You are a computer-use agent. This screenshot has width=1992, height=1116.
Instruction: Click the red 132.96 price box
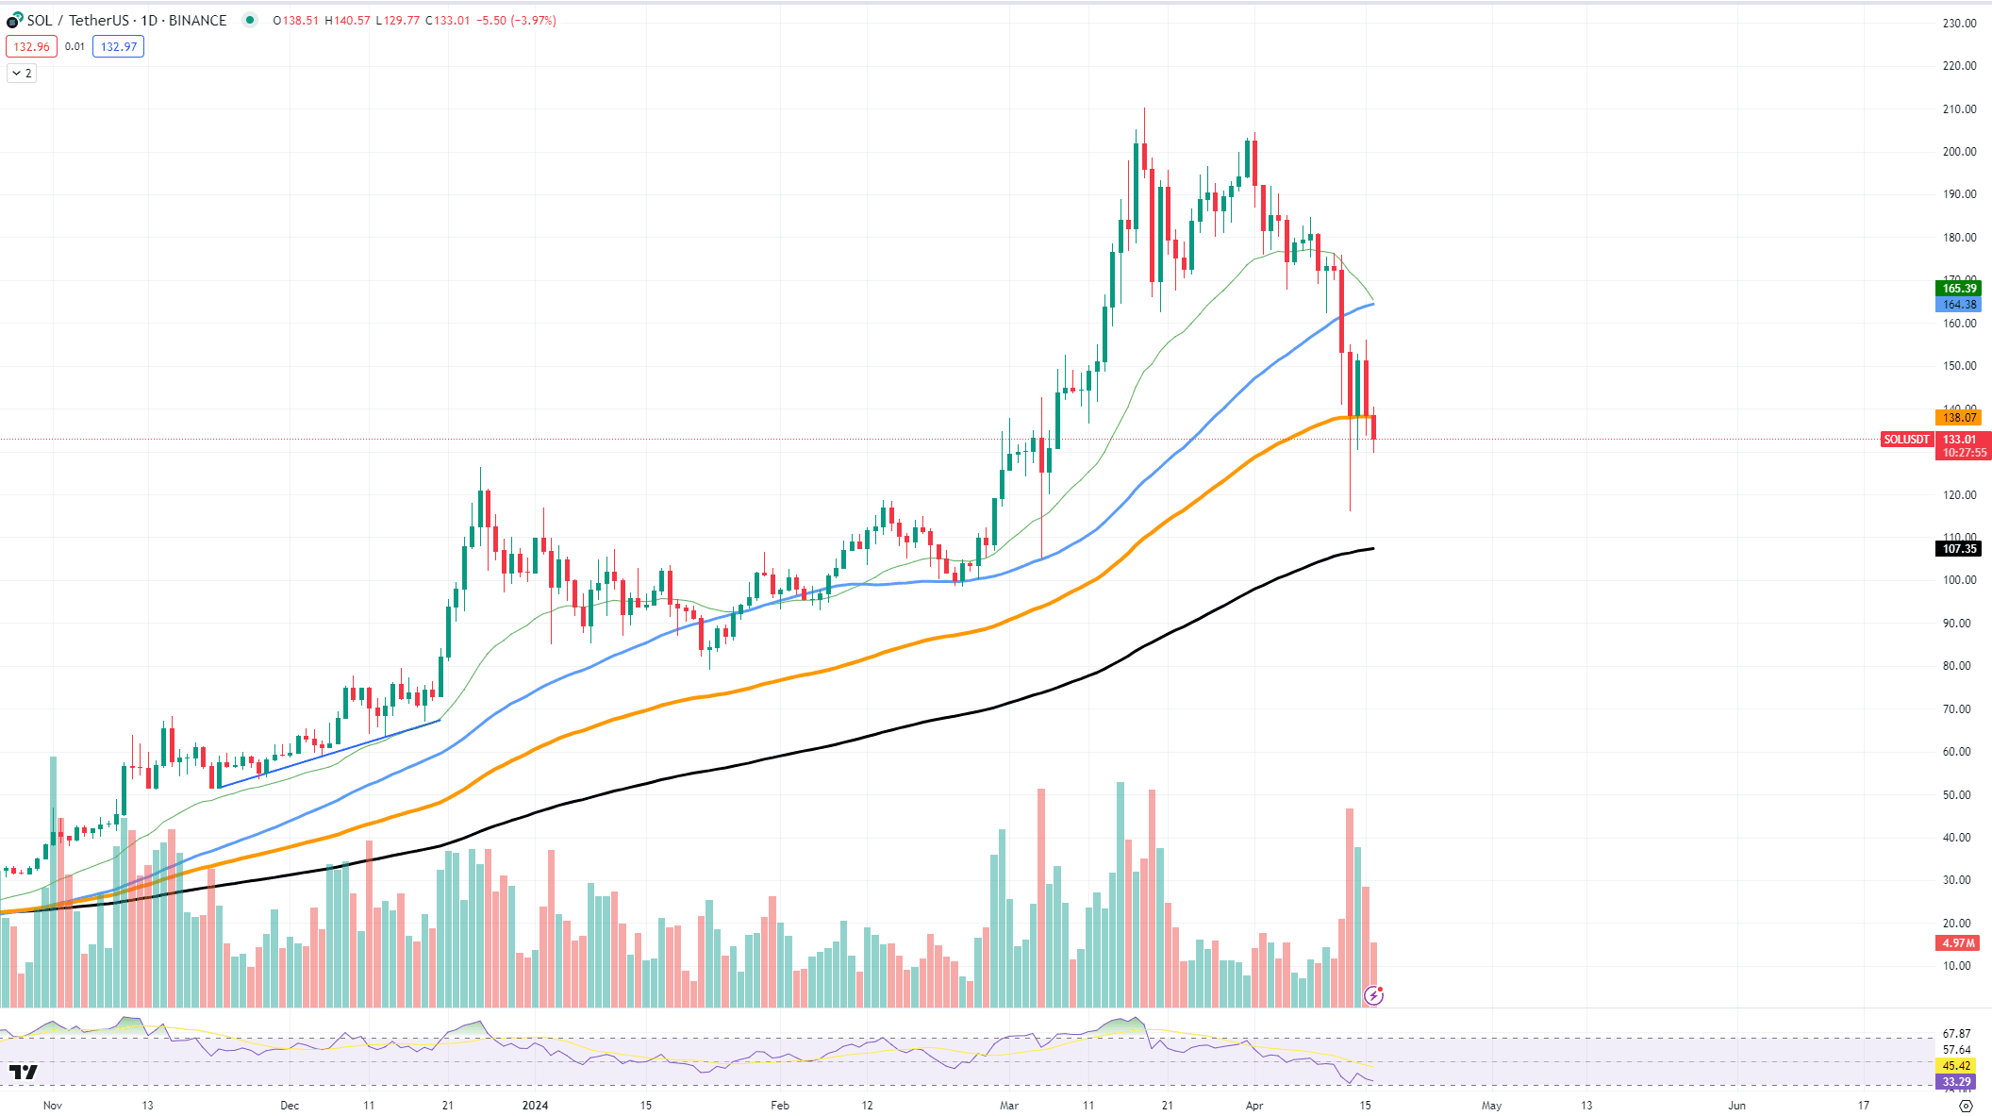pos(31,46)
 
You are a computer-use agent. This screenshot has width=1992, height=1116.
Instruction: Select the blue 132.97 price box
pos(119,46)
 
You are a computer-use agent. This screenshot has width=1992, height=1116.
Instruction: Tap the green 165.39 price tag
pos(1959,289)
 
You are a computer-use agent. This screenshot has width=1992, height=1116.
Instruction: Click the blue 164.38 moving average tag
pos(1959,305)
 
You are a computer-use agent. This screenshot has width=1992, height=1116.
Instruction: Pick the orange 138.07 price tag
pos(1959,417)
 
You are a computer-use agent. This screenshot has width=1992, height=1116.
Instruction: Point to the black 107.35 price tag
pos(1959,549)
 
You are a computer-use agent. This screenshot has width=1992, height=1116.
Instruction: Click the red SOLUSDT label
pos(1906,440)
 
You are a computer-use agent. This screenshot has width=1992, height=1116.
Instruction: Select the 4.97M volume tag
pos(1959,943)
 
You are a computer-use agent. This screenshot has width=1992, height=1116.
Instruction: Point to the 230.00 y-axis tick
pos(1959,24)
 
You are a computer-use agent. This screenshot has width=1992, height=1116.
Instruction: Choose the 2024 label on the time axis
pos(535,1106)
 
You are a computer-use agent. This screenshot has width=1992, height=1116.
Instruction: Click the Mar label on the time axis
pos(1009,1106)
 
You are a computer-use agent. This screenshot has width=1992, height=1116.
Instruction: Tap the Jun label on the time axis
pos(1736,1106)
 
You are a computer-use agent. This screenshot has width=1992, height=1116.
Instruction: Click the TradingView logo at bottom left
pos(24,1072)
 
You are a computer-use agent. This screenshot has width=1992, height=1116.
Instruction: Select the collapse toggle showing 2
pos(22,73)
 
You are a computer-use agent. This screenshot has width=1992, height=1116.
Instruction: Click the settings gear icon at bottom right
pos(1966,1106)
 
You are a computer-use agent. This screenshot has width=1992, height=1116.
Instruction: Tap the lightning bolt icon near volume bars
pos(1373,995)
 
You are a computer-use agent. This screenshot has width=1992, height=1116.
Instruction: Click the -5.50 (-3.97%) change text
pos(518,21)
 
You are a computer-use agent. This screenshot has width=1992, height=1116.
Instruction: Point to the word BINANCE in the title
pos(197,21)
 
